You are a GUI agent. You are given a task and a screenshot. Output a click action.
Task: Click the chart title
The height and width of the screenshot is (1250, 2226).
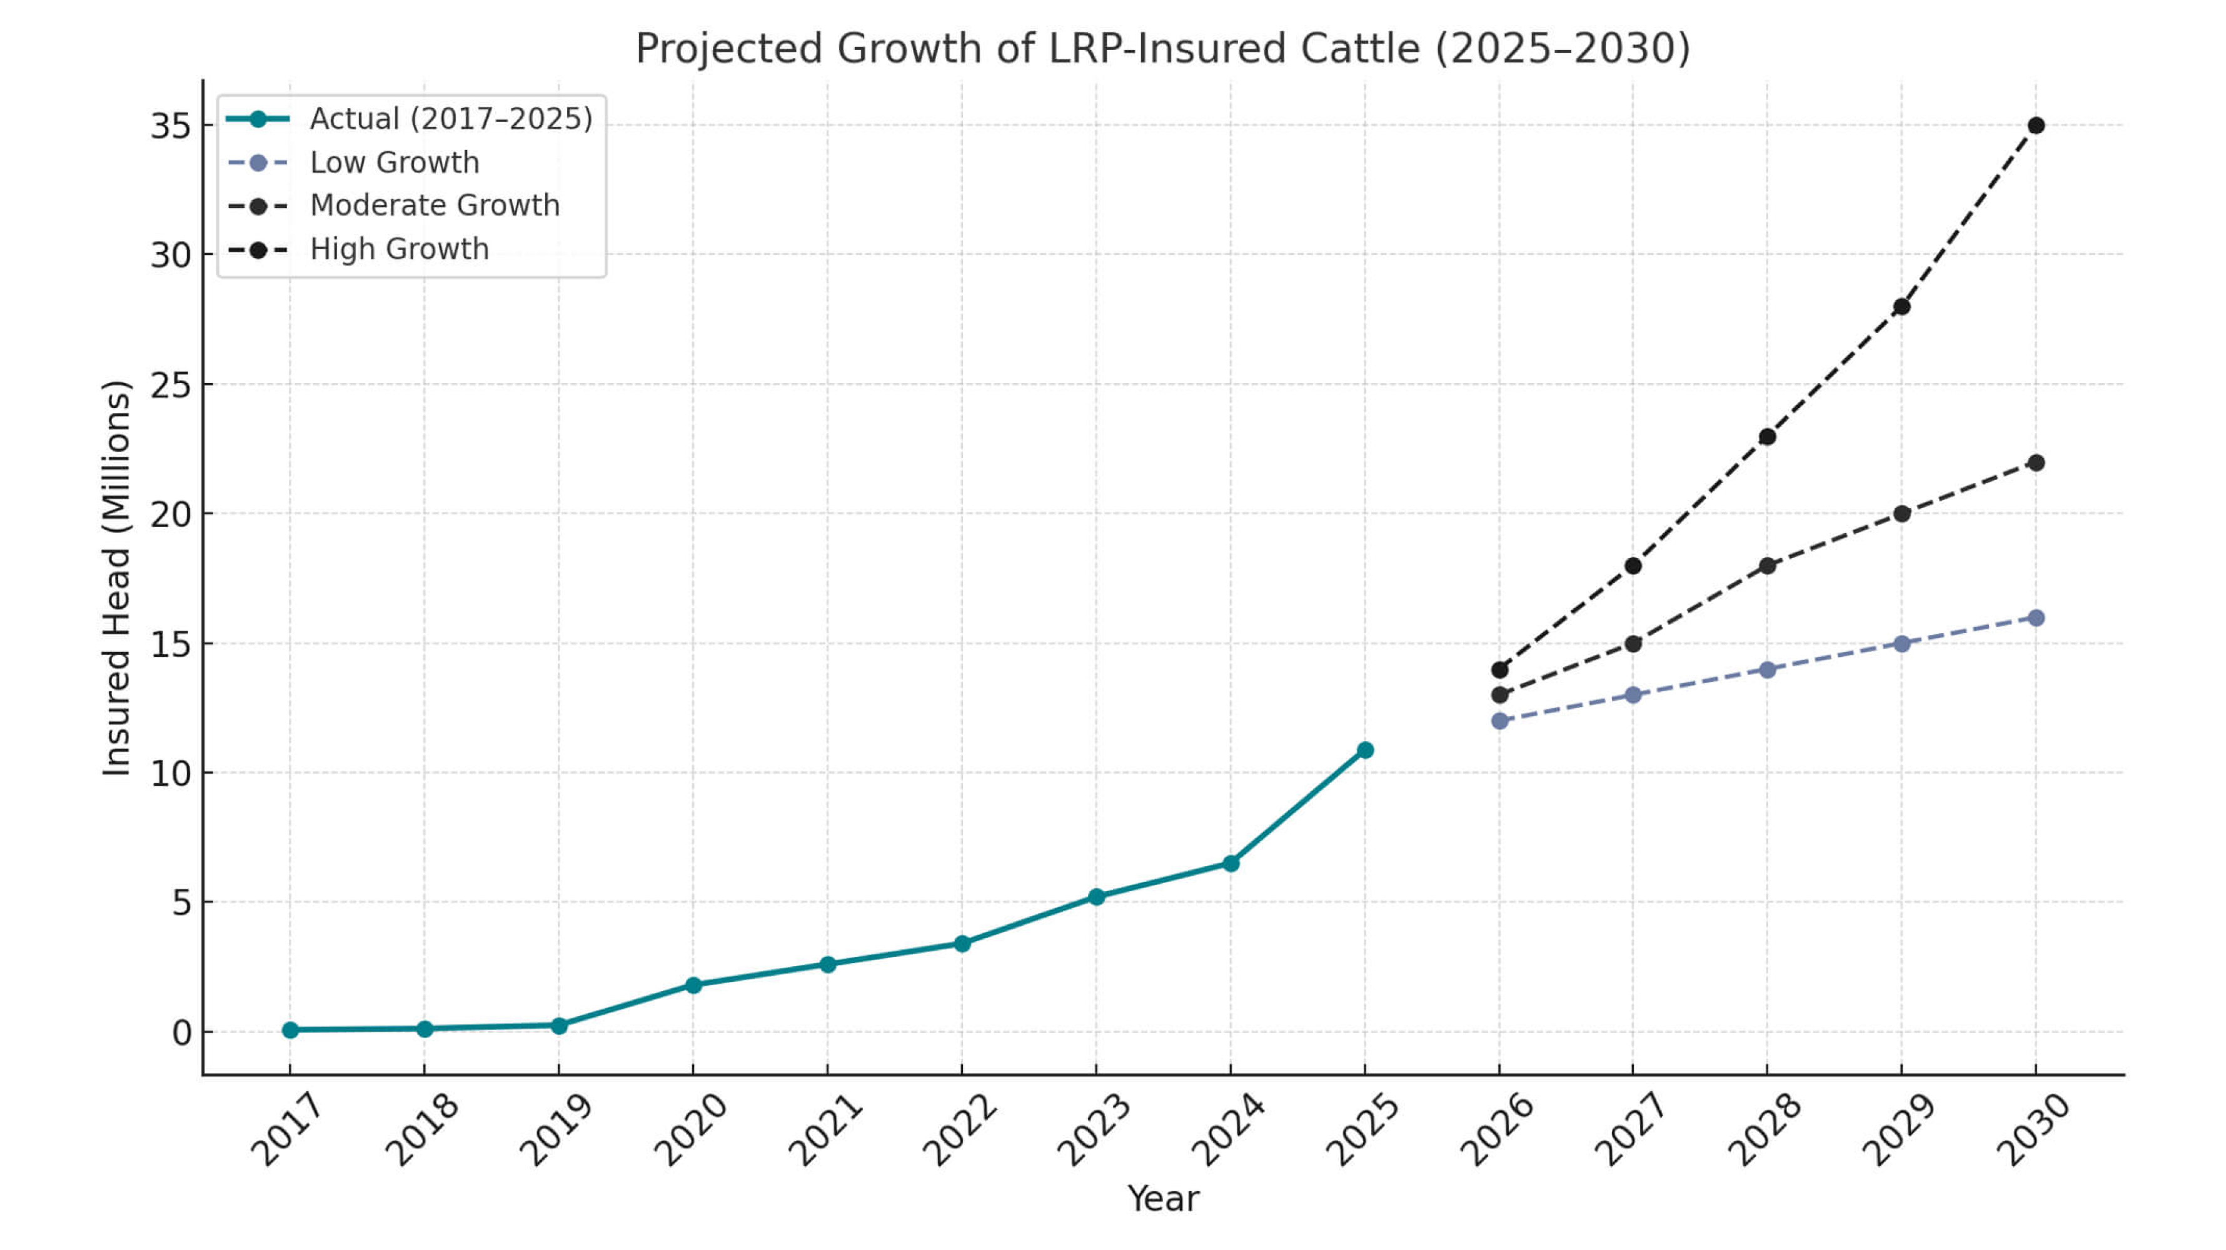pyautogui.click(x=1162, y=48)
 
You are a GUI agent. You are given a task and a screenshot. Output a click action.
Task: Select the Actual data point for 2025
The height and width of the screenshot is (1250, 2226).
pyautogui.click(x=1364, y=750)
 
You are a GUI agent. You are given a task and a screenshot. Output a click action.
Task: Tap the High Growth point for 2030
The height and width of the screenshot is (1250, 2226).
pyautogui.click(x=2036, y=125)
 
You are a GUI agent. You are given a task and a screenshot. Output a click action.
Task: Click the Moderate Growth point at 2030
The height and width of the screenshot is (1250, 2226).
pyautogui.click(x=2036, y=462)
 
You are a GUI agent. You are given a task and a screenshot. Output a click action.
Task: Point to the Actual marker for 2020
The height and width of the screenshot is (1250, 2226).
pyautogui.click(x=693, y=985)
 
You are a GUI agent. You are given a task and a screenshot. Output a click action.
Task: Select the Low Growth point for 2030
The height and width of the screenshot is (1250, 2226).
pyautogui.click(x=2036, y=617)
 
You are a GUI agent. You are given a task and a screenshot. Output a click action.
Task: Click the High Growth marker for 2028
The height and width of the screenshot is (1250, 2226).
pyautogui.click(x=1767, y=436)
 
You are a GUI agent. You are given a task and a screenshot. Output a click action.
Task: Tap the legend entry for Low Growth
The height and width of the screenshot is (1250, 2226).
pyautogui.click(x=394, y=162)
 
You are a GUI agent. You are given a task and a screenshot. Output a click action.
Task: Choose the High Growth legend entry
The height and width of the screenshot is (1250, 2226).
pyautogui.click(x=399, y=249)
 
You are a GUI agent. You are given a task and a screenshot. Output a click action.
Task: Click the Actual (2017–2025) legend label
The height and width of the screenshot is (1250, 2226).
pyautogui.click(x=450, y=119)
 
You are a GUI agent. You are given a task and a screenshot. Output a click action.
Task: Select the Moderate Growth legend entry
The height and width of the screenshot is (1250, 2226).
pyautogui.click(x=435, y=206)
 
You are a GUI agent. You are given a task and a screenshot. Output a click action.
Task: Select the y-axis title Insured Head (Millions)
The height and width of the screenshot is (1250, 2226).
pyautogui.click(x=117, y=578)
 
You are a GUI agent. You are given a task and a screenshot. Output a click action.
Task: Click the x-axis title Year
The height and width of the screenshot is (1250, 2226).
pyautogui.click(x=1163, y=1199)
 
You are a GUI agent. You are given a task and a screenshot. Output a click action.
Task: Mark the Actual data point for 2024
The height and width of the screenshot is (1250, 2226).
pyautogui.click(x=1231, y=863)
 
